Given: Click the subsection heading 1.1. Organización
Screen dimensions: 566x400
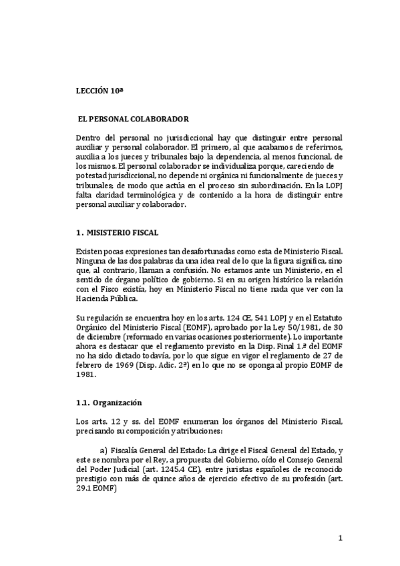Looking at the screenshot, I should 108,403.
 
